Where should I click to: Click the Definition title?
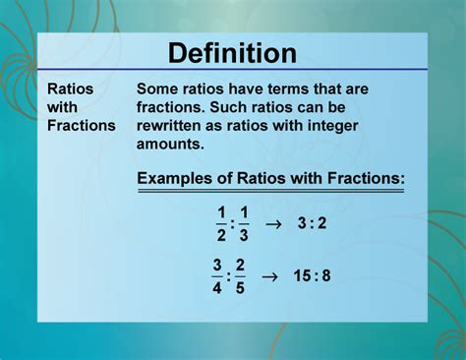(232, 53)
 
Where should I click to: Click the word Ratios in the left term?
(71, 89)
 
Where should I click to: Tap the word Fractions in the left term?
(81, 125)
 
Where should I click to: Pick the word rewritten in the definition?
(175, 125)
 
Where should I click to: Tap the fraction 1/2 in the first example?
(221, 223)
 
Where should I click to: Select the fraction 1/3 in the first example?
(244, 223)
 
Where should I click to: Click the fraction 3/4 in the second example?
(217, 275)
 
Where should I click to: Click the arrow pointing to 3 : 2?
(274, 223)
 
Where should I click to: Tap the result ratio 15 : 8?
(312, 275)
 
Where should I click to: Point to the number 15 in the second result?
(302, 275)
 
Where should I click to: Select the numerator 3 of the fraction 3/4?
(217, 265)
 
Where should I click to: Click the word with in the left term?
(62, 106)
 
